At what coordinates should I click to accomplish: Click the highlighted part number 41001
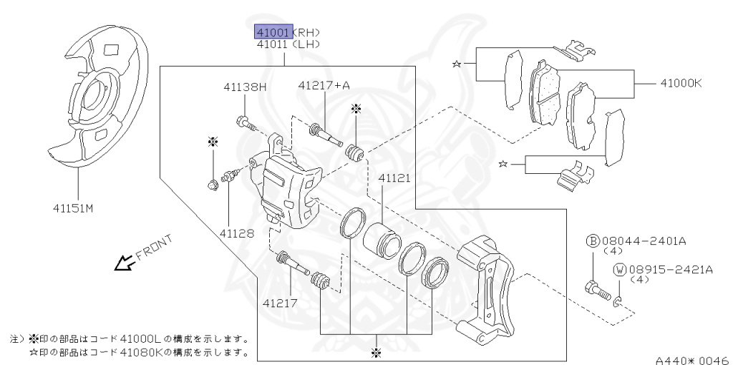pyautogui.click(x=273, y=32)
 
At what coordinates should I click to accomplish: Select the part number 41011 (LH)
pyautogui.click(x=273, y=44)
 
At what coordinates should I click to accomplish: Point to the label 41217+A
pyautogui.click(x=324, y=86)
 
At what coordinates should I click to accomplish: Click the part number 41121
pyautogui.click(x=394, y=177)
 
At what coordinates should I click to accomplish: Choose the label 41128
pyautogui.click(x=236, y=233)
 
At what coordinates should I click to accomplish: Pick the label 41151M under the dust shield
pyautogui.click(x=72, y=209)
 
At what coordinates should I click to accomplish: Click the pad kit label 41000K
pyautogui.click(x=677, y=83)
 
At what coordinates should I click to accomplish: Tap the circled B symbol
pyautogui.click(x=592, y=241)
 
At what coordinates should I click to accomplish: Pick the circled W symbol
pyautogui.click(x=619, y=270)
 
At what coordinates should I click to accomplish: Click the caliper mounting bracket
pyautogui.click(x=487, y=286)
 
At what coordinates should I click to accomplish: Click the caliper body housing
pyautogui.click(x=286, y=190)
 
